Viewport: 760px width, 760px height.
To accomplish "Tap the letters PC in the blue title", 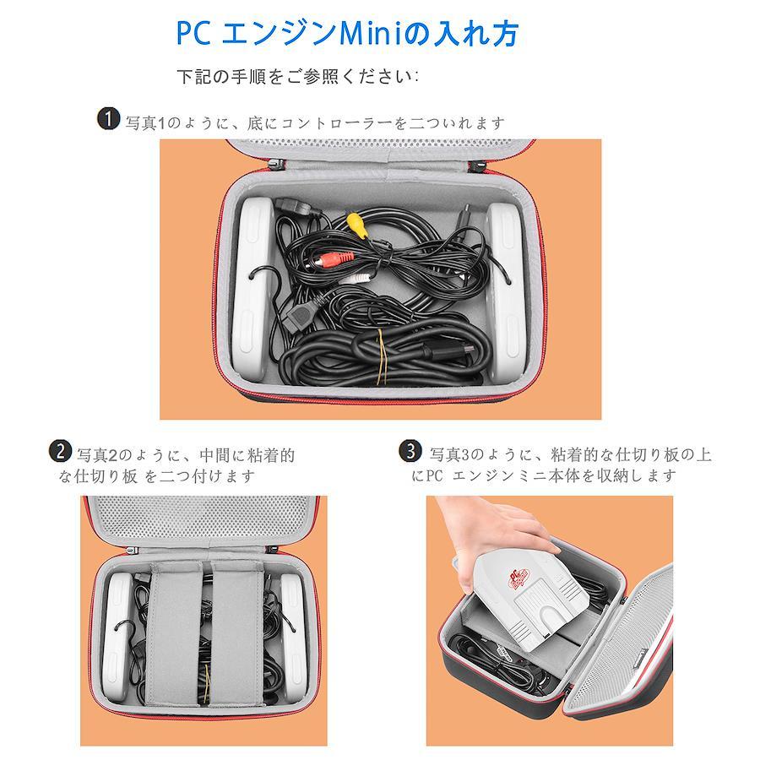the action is point(193,33).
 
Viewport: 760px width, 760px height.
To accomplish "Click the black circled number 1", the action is point(108,119).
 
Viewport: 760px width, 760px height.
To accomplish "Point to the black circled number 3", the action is point(410,451).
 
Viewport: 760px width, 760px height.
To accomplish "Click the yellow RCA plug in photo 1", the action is point(358,225).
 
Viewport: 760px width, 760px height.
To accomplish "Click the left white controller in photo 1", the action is point(253,289).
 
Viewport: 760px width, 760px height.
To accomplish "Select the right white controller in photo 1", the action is point(507,290).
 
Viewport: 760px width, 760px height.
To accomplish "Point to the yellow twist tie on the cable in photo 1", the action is point(382,356).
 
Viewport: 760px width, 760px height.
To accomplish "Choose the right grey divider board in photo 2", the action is point(238,633).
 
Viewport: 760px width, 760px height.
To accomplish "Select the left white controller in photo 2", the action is point(117,638).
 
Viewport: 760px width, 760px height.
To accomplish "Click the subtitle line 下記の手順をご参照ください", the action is point(297,77).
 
